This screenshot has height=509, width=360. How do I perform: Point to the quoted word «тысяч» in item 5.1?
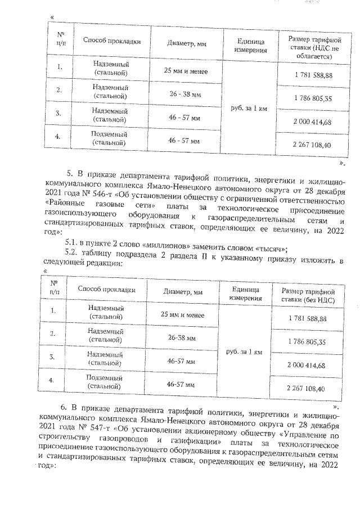272,249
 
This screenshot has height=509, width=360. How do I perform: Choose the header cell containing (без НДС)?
308,295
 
